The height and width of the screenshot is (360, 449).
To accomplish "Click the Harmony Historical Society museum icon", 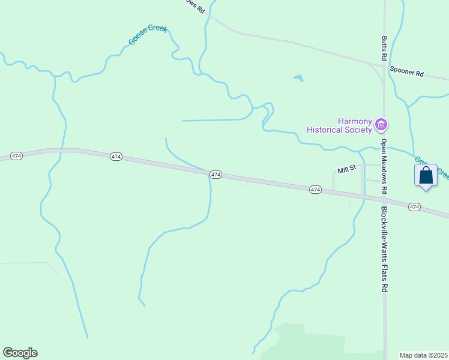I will pos(381,125).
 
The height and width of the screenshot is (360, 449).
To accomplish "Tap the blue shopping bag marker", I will pos(426,176).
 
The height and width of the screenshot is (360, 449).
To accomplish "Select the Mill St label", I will pos(347,170).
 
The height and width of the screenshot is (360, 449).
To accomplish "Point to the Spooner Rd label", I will pos(406,71).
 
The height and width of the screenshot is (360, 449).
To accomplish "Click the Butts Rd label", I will pos(384,49).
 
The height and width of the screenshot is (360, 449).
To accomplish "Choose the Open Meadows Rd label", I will pos(384,166).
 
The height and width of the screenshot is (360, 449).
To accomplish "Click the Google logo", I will pos(20,353).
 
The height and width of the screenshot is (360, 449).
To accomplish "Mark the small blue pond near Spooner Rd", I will pos(298,78).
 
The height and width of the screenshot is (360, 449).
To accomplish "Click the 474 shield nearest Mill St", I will pos(316,190).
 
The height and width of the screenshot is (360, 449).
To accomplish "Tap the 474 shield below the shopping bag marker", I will pos(414,206).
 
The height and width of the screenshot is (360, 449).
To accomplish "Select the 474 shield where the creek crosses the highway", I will pos(216,175).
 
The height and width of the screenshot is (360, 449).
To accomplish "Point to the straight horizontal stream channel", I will pos(213,120).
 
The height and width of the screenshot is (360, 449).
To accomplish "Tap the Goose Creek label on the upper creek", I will pos(148,35).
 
